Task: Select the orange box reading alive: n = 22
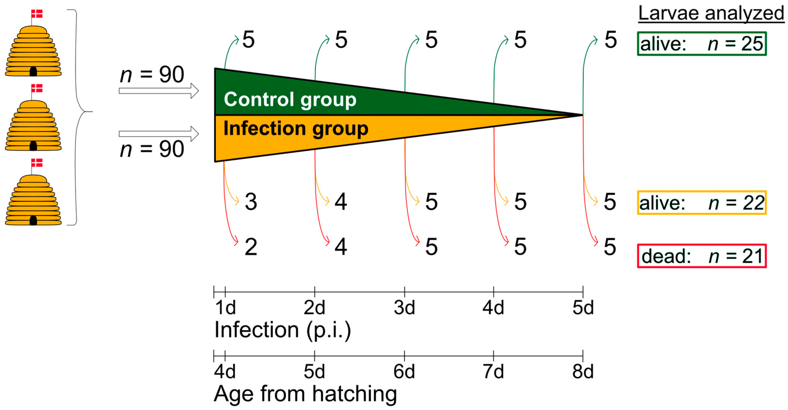[x=701, y=203]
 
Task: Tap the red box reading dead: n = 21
[x=701, y=256]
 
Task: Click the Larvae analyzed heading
[x=711, y=14]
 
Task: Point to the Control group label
[x=290, y=99]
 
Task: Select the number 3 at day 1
[x=251, y=202]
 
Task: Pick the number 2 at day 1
[x=251, y=247]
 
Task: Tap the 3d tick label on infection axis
[x=404, y=308]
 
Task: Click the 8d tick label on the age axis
[x=582, y=372]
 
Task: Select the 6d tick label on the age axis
[x=404, y=372]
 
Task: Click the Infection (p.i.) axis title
[x=282, y=330]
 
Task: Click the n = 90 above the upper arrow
[x=152, y=74]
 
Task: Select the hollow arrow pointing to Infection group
[x=158, y=134]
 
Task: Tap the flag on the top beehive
[x=37, y=14]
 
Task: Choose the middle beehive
[x=33, y=126]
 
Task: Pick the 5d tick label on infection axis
[x=583, y=308]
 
